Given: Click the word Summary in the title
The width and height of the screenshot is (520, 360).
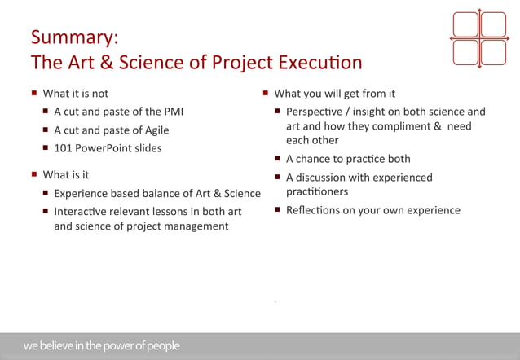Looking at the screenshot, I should click(x=74, y=37).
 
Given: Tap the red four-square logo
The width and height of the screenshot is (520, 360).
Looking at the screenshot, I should click(x=479, y=38).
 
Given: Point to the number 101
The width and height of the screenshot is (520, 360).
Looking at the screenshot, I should click(x=64, y=148).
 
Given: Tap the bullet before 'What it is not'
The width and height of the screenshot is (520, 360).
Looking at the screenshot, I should click(x=34, y=93).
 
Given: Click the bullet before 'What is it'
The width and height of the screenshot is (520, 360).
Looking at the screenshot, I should click(x=34, y=174).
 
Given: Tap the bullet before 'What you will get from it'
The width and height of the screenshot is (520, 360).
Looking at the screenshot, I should click(x=266, y=93).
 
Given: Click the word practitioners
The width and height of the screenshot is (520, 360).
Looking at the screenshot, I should click(x=317, y=192).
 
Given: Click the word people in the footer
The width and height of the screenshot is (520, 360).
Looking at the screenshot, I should click(x=162, y=346).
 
